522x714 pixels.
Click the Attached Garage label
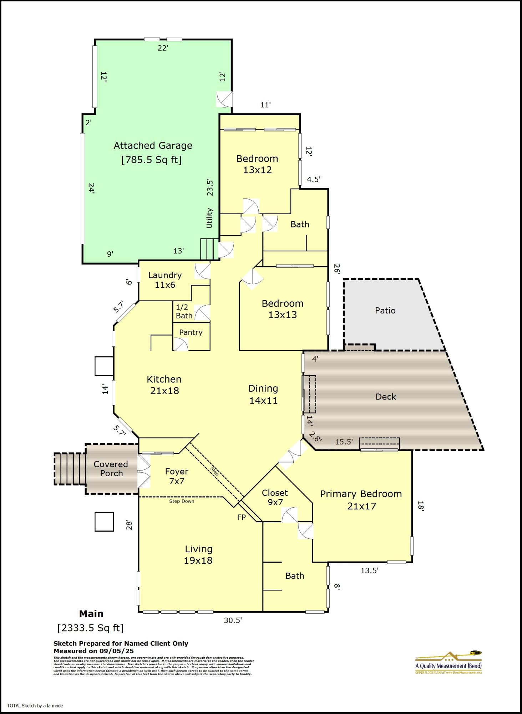click(153, 146)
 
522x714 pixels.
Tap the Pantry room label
click(191, 332)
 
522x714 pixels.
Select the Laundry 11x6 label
click(165, 280)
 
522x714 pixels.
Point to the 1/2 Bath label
click(184, 311)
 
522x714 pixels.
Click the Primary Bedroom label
click(361, 494)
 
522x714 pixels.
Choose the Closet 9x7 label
click(274, 498)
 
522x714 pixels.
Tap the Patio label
click(385, 311)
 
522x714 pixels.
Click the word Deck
click(386, 397)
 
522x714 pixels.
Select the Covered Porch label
click(111, 468)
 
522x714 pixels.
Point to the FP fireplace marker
click(242, 517)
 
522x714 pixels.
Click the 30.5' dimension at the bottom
click(233, 620)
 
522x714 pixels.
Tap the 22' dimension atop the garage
click(163, 48)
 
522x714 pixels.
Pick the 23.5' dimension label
click(210, 187)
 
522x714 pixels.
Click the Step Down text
click(182, 501)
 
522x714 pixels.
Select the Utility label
click(209, 218)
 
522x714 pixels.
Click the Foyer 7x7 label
click(177, 476)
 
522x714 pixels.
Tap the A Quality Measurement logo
click(448, 663)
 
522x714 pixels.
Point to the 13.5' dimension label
click(369, 570)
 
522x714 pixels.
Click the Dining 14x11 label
click(263, 394)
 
